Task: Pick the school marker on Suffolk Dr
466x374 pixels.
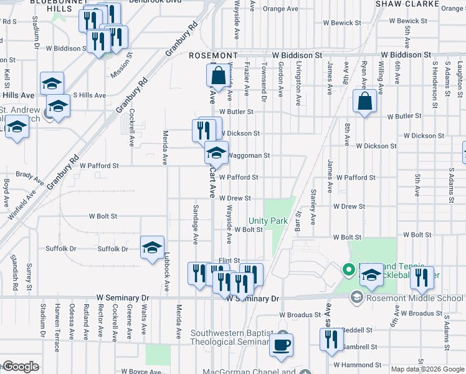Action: coord(152,248)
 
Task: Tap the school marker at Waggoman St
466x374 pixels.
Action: coord(216,152)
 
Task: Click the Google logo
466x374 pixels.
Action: coord(21,367)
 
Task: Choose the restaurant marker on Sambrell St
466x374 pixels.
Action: coord(330,340)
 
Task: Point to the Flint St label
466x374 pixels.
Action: coord(229,261)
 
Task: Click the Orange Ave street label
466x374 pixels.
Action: coord(280,9)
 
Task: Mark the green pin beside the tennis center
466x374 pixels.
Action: coord(348,270)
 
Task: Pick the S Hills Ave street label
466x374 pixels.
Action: coord(90,95)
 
